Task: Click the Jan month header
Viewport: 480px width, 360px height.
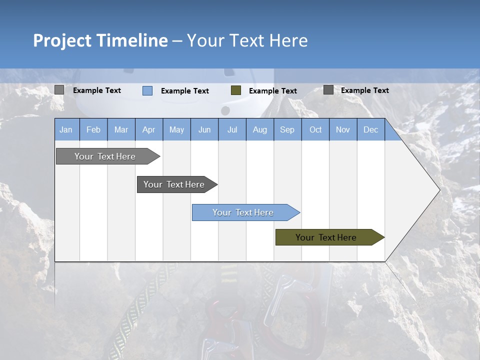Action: point(66,129)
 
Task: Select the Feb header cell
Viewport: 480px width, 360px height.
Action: point(93,129)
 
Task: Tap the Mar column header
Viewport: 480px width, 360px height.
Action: point(121,129)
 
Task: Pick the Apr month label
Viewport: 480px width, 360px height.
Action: point(149,129)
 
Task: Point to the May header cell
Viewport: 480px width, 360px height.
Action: point(176,129)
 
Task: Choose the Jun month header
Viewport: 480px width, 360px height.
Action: point(204,129)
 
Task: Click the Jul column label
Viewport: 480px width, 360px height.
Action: point(232,129)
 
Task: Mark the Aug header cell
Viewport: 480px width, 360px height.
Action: point(260,129)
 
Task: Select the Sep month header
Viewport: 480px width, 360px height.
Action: point(287,129)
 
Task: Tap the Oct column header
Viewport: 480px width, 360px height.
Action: point(315,129)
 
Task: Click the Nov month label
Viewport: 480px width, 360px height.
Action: point(343,129)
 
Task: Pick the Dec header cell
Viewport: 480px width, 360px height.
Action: point(370,129)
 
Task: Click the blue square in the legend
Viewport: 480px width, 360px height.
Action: point(147,90)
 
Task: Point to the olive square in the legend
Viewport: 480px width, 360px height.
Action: point(236,90)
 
